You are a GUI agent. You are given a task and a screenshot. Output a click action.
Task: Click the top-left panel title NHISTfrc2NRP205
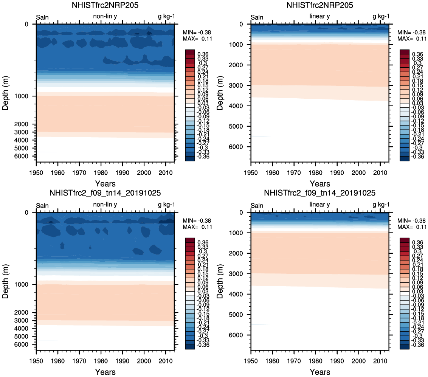pyautogui.click(x=105, y=5)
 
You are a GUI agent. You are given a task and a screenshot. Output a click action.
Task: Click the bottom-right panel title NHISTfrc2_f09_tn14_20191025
pyautogui.click(x=320, y=193)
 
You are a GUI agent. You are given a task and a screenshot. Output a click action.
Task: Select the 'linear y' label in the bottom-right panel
pyautogui.click(x=320, y=205)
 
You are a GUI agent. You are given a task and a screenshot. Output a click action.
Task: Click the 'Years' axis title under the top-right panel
pyautogui.click(x=320, y=184)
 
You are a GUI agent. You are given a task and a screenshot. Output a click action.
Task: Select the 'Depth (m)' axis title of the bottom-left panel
pyautogui.click(x=6, y=282)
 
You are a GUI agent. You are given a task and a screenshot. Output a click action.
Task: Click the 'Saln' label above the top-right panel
pyautogui.click(x=257, y=17)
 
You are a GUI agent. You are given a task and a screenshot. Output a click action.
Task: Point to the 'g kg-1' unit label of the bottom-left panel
pyautogui.click(x=166, y=205)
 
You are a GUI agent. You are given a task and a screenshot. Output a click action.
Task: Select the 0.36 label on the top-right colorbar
pyautogui.click(x=418, y=54)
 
